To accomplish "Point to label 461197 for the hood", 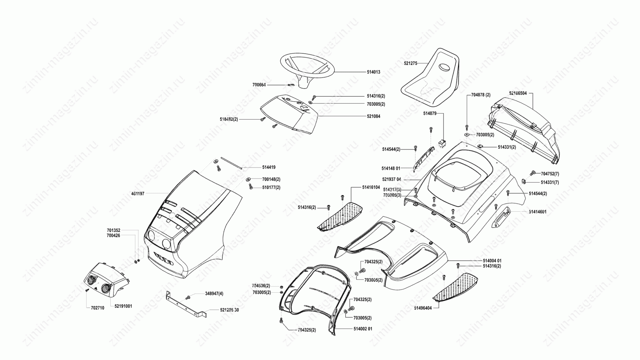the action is [138, 193].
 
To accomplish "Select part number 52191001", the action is [123, 306].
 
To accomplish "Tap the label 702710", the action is [97, 308].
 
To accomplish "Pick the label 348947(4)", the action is [214, 294].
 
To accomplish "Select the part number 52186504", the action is [518, 93].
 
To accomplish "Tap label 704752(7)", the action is [550, 174].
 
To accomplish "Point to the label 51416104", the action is [371, 187].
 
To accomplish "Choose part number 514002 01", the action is [363, 329].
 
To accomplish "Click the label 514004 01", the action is [492, 261].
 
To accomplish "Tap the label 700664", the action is [259, 85].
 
